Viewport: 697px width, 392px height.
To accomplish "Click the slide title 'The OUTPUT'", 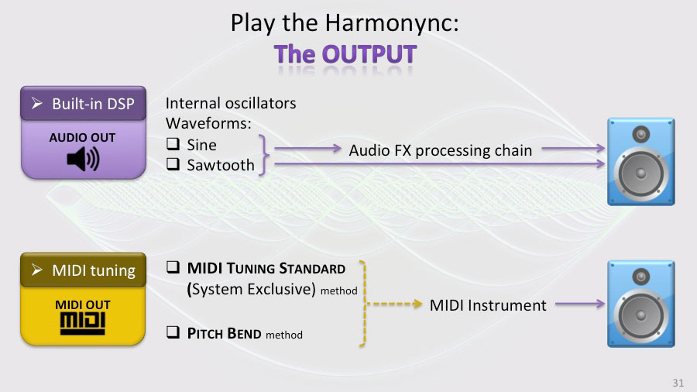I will click(345, 54).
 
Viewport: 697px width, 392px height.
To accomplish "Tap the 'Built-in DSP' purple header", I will click(83, 103).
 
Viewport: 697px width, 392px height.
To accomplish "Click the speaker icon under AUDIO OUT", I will click(83, 160).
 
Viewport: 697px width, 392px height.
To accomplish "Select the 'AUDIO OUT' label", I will click(82, 138).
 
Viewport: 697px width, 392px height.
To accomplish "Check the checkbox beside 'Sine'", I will click(173, 144).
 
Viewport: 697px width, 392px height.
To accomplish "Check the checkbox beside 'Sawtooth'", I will click(173, 164).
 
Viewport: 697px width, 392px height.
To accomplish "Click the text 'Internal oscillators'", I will click(231, 103).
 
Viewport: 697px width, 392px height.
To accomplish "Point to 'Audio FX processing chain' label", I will click(441, 150).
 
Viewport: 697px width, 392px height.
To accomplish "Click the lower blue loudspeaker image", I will click(639, 304).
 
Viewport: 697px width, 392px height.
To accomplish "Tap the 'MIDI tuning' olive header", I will click(83, 270).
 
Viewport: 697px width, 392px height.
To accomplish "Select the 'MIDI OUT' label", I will click(83, 305).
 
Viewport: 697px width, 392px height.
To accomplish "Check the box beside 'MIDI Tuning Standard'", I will click(173, 269).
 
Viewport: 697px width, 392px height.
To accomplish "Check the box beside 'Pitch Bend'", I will click(173, 333).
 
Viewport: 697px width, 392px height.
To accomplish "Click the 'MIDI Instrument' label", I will click(488, 305).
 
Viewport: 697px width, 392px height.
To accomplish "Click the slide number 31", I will click(678, 383).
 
